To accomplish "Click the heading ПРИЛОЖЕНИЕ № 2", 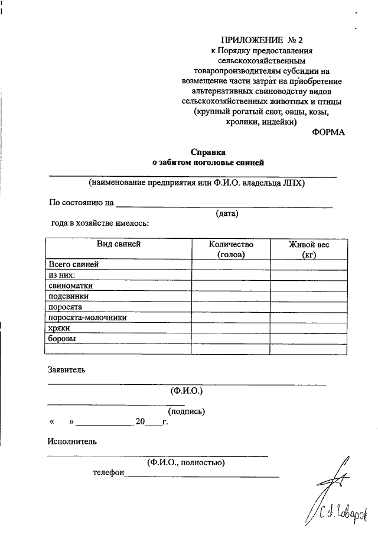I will coord(261,40).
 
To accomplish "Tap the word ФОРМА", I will coord(328,132).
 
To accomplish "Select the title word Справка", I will coord(207,151).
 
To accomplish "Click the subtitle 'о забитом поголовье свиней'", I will coord(207,162).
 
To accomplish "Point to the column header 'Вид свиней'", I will coord(119,244).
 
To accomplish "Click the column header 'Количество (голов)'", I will coord(231,249).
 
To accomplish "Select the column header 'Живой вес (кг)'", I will coord(309,249).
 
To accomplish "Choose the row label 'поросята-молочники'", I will coord(87,317).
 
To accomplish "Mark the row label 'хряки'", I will coord(60,328).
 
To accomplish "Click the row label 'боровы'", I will coord(61,339).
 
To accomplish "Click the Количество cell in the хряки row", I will coord(231,328).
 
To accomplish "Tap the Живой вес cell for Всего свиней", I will coord(309,264).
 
